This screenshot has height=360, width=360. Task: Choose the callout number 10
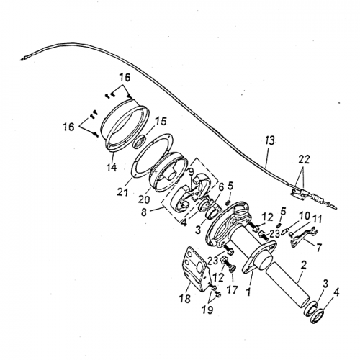(x=305, y=215)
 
